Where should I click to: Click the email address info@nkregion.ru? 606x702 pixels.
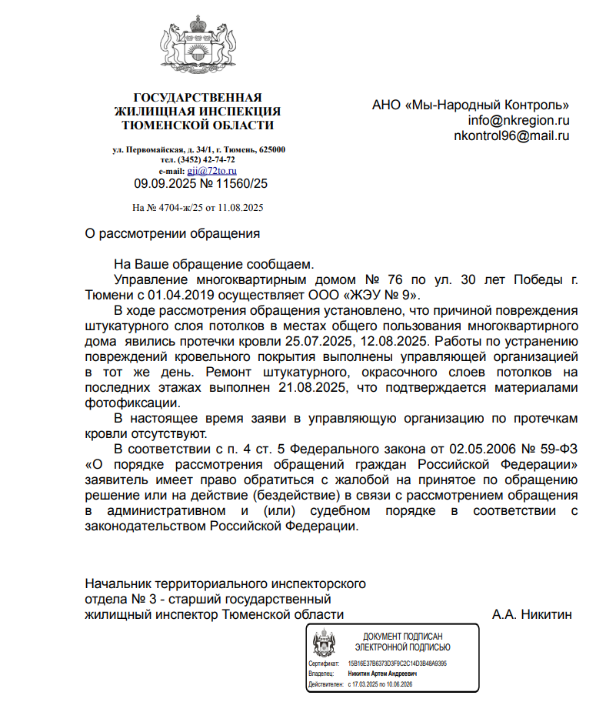click(518, 120)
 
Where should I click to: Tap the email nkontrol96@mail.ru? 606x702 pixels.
click(511, 135)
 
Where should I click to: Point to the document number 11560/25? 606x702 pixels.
click(240, 184)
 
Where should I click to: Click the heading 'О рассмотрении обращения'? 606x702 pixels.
click(172, 232)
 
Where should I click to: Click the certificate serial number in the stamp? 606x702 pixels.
click(397, 663)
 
